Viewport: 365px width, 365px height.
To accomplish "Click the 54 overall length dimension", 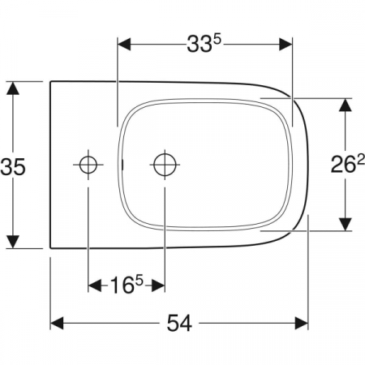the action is (x=179, y=323).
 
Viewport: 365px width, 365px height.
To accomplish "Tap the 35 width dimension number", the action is (x=13, y=166).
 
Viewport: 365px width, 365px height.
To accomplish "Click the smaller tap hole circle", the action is (x=88, y=165).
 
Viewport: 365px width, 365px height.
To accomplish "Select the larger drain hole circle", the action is (x=165, y=165).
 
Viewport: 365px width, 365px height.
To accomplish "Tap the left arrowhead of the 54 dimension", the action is (x=57, y=323).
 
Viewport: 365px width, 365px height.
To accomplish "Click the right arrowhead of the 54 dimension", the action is (x=302, y=323).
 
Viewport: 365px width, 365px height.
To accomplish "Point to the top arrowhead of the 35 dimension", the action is (x=13, y=88).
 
